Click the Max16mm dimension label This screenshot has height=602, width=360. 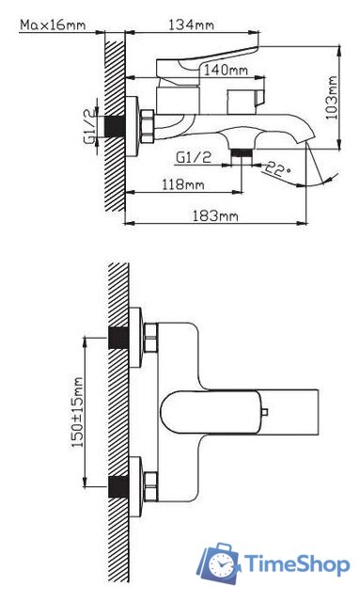(x=53, y=25)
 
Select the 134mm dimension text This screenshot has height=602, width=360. (x=191, y=25)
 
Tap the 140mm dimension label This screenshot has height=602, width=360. (x=226, y=71)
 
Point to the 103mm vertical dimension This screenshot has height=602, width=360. (x=332, y=98)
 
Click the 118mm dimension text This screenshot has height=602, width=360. (x=182, y=184)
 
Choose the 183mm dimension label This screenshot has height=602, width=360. (x=215, y=216)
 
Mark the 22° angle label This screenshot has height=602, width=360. (x=278, y=168)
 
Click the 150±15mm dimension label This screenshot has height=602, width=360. (x=78, y=412)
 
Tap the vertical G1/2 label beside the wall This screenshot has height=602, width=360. (x=90, y=126)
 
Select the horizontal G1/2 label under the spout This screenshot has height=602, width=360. (x=194, y=157)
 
